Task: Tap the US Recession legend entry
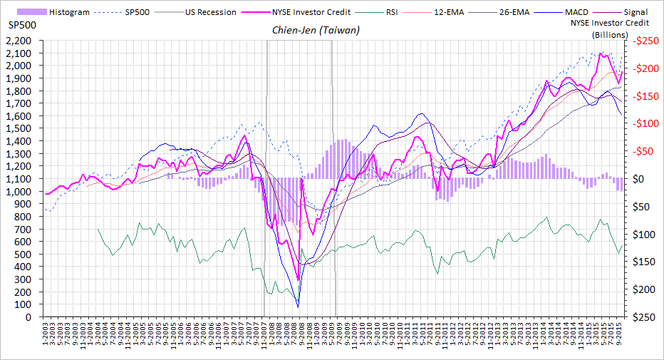coord(207,12)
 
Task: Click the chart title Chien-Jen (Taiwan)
coord(316,31)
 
